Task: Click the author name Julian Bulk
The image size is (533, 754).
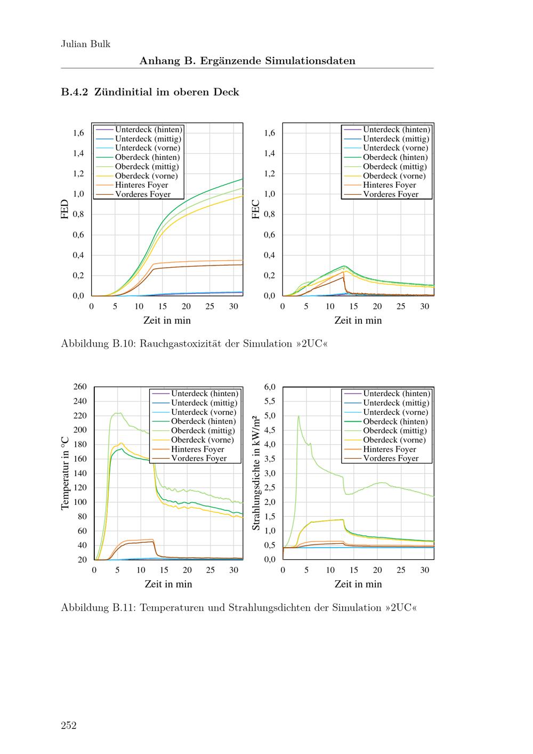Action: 85,44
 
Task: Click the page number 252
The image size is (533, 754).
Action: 69,725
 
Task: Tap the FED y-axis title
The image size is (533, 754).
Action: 65,210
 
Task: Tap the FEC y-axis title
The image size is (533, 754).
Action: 256,210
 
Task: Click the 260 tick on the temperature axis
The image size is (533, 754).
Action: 79,387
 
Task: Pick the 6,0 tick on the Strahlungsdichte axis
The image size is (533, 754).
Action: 270,387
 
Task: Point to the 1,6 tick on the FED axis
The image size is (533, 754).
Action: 78,133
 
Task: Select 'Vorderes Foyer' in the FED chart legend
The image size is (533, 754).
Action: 142,194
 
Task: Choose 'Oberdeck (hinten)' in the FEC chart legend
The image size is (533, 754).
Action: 395,157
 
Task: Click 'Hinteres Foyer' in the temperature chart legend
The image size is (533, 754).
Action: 197,449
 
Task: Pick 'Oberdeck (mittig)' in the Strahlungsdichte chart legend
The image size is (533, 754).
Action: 395,431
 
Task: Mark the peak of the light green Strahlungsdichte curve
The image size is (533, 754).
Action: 298,416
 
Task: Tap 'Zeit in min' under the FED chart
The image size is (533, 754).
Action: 167,320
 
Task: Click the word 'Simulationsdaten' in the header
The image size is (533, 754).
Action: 316,61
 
